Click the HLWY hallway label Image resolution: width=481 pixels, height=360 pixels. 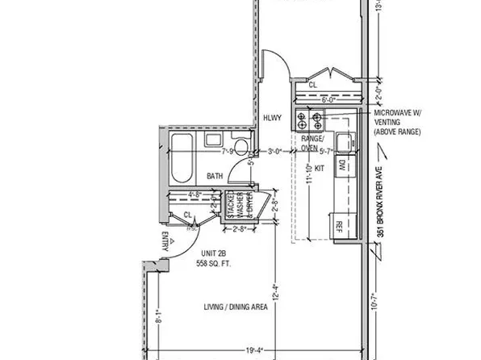tap(273, 118)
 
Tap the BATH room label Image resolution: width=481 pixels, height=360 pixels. tap(214, 176)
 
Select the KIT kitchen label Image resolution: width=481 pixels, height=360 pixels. tap(319, 168)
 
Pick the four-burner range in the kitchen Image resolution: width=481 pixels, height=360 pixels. tap(309, 122)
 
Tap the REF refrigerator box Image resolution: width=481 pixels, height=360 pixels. tap(340, 225)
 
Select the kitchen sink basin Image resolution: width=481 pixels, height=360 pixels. tap(343, 141)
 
